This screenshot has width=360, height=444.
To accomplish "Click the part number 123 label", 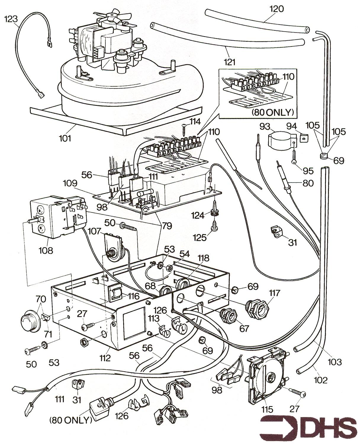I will click(11, 19).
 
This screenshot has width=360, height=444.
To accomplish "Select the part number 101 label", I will click(65, 138).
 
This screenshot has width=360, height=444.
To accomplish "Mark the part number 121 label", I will click(230, 62).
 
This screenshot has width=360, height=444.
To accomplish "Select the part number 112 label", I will click(105, 358).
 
